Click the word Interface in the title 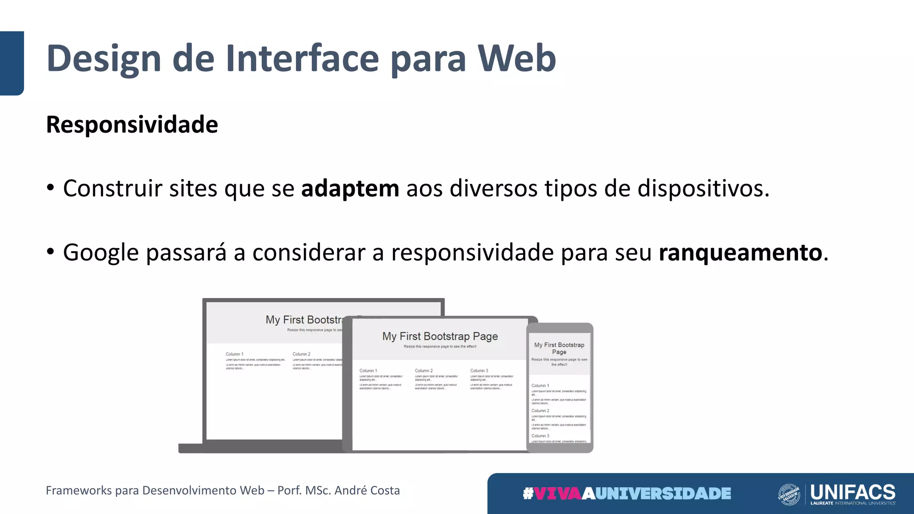(302, 58)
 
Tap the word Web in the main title (516, 58)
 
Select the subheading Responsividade (132, 124)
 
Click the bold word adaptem (350, 188)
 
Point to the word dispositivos (703, 188)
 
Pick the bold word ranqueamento (740, 253)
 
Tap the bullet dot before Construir (50, 188)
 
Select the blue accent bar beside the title (12, 63)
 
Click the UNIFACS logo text (852, 492)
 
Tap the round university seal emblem (789, 494)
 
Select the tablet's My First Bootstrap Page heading (440, 336)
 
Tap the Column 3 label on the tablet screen (479, 371)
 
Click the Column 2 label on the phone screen (540, 410)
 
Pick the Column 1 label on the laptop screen (234, 354)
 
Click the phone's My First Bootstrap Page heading (559, 348)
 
